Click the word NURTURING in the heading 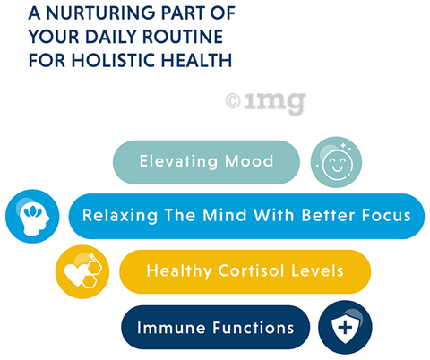[x=100, y=13]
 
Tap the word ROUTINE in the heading [x=183, y=37]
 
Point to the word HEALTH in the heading [x=196, y=60]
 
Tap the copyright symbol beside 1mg [x=233, y=101]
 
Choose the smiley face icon [x=336, y=162]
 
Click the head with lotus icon [x=32, y=216]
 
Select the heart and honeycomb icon [x=82, y=271]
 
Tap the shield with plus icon [x=345, y=327]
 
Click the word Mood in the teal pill [x=249, y=161]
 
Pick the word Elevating [x=179, y=162]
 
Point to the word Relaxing [x=120, y=216]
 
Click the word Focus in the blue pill [x=386, y=215]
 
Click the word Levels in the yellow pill [x=317, y=270]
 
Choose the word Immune [x=171, y=328]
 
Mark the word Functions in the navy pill [x=254, y=328]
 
